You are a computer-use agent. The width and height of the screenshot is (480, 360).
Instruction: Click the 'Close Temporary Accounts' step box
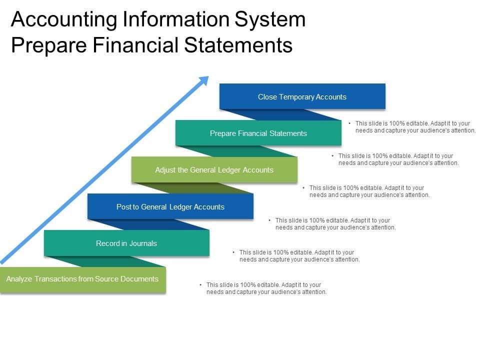pyautogui.click(x=302, y=96)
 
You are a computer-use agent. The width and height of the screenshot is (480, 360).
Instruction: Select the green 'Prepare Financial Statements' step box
pyautogui.click(x=258, y=133)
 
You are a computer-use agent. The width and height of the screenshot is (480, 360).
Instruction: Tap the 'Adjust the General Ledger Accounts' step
pyautogui.click(x=214, y=170)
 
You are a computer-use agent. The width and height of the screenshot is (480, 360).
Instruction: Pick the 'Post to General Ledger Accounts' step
pyautogui.click(x=170, y=206)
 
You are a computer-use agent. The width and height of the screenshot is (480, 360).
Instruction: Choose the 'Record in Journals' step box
pyautogui.click(x=126, y=243)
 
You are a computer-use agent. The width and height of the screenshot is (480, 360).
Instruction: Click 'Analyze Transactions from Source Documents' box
pyautogui.click(x=82, y=279)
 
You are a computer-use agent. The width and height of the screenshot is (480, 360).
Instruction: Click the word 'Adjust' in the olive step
pyautogui.click(x=165, y=170)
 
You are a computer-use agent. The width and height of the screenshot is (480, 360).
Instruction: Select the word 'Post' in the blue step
pyautogui.click(x=123, y=206)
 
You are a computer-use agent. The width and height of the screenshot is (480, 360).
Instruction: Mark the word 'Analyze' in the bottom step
pyautogui.click(x=19, y=279)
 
